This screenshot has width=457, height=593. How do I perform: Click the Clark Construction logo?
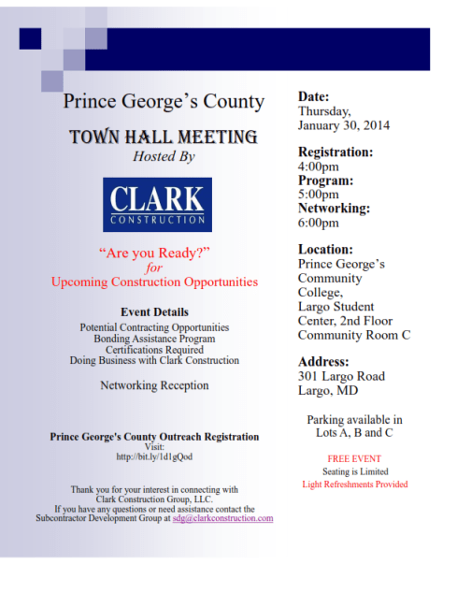pos(157,204)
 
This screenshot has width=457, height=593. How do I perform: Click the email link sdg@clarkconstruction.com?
pos(222,518)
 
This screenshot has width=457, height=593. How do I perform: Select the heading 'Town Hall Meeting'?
pos(163,137)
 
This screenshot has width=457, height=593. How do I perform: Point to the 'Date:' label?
pos(315,96)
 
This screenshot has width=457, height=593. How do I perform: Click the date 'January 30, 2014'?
pos(343,125)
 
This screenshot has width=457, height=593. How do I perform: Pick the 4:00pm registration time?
pos(318,166)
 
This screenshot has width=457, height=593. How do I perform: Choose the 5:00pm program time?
pos(318,195)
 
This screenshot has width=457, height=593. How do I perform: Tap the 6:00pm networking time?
pos(318,223)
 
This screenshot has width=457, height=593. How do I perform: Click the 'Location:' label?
pos(325,250)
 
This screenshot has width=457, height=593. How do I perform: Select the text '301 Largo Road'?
pos(340,376)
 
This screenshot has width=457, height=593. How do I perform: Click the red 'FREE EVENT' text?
pos(353,459)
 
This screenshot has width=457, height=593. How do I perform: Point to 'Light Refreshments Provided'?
pos(354,485)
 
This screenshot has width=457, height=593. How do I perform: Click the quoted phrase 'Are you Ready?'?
pos(154,253)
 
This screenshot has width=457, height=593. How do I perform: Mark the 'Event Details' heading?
pos(154,311)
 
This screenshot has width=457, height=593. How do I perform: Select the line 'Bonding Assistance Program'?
pos(154,338)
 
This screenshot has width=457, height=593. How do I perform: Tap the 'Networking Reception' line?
pos(154,385)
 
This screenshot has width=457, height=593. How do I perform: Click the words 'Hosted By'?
pos(164,157)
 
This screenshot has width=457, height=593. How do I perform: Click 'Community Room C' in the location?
pos(353,334)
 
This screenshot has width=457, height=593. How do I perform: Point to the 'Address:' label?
pos(323,361)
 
